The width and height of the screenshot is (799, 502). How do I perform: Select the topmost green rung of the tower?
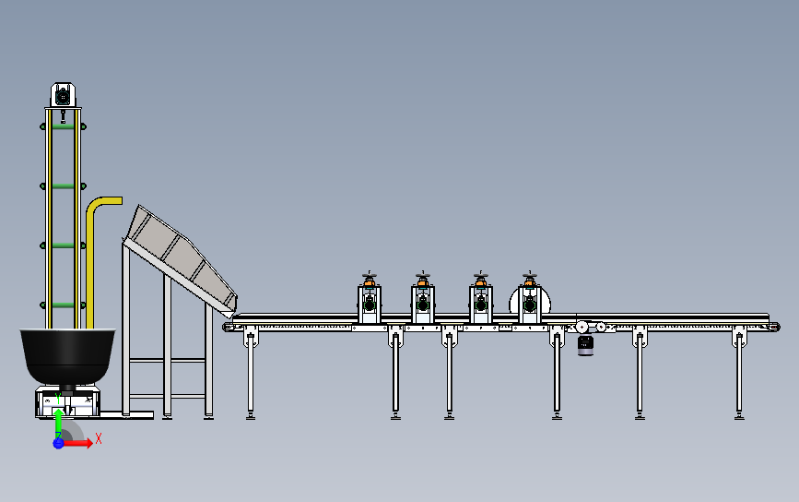point(63,127)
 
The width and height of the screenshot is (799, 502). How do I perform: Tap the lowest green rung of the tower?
point(63,304)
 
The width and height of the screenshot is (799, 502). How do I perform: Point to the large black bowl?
point(68,353)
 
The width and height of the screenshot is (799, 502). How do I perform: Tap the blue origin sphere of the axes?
point(58,443)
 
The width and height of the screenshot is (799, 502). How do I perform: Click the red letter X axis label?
point(99,438)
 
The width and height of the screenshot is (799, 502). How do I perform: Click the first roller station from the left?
point(370,302)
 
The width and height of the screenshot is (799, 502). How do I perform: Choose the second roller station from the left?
point(423,302)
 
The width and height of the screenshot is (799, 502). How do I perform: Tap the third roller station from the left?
point(480,302)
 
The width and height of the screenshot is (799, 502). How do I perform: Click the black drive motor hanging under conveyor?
point(585,345)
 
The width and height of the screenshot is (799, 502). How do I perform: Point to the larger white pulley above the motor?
point(582,326)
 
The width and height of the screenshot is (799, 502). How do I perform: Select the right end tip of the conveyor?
point(775,326)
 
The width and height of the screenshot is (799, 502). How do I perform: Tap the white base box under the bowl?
point(66,400)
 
